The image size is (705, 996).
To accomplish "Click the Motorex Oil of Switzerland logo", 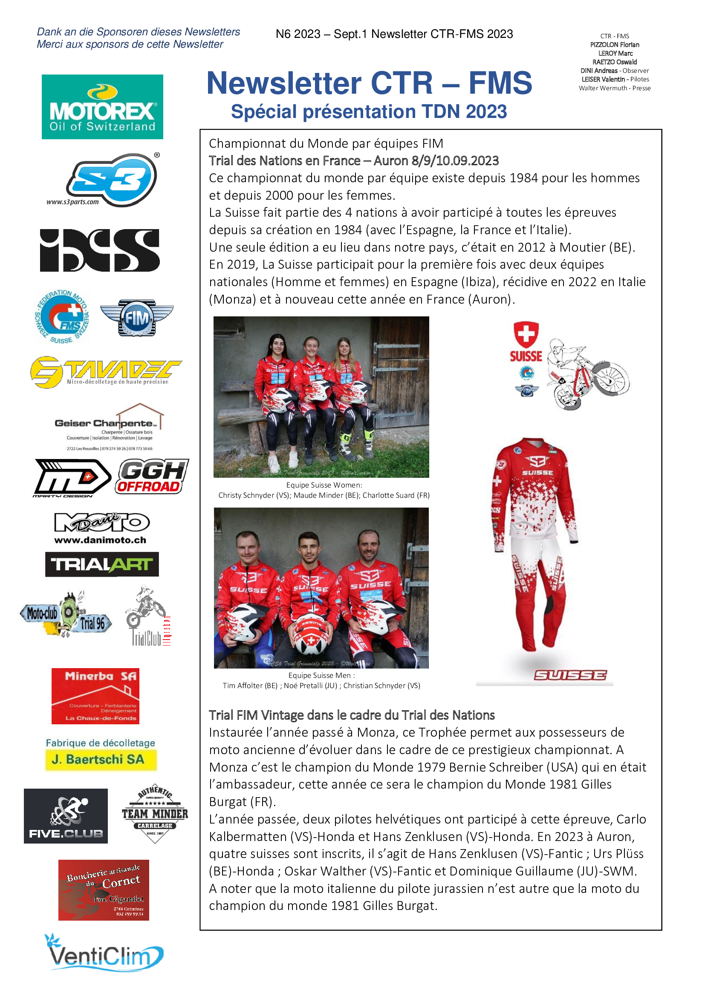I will click(x=102, y=107).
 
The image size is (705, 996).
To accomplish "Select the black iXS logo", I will click(x=100, y=250).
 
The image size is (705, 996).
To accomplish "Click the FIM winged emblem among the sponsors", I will click(x=137, y=318).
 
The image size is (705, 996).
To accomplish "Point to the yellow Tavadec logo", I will click(x=106, y=372).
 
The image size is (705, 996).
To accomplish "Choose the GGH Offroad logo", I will click(x=152, y=476).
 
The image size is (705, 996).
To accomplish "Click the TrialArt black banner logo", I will click(x=102, y=564).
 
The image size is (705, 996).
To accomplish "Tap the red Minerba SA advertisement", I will click(x=95, y=696).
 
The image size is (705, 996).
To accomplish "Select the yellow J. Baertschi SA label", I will click(x=101, y=759).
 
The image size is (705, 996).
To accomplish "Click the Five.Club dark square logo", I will click(x=66, y=815).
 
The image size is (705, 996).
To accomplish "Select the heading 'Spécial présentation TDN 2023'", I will click(x=369, y=112).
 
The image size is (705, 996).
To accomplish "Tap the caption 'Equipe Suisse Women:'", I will click(x=324, y=485).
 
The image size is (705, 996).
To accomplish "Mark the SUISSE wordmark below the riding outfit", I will click(x=570, y=675).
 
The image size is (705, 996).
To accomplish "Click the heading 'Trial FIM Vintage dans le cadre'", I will click(x=352, y=715).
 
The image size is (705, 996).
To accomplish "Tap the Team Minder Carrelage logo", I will click(x=155, y=814).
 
